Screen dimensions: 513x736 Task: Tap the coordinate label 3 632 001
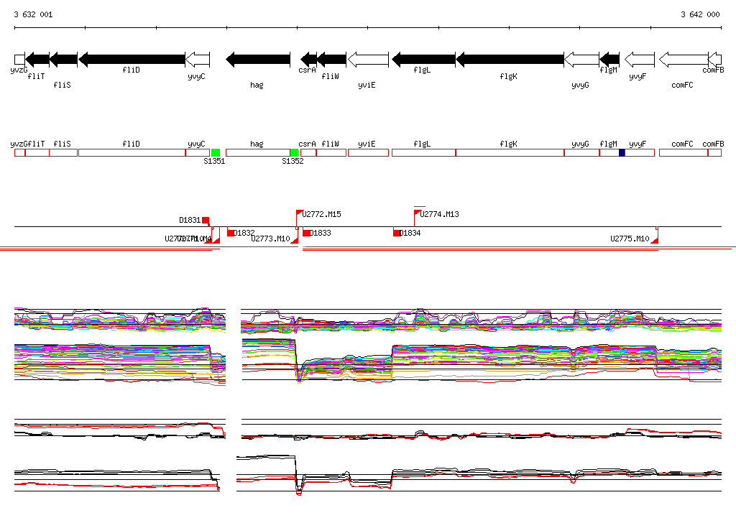[33, 14]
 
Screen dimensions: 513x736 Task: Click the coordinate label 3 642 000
[700, 14]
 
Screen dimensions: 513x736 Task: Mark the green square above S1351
[216, 152]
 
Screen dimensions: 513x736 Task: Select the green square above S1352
[294, 152]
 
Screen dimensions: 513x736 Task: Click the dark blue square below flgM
[622, 152]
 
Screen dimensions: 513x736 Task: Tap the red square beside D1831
[206, 220]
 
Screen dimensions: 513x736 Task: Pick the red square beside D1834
[396, 233]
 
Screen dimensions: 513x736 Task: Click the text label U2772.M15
[321, 214]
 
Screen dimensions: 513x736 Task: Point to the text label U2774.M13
[440, 214]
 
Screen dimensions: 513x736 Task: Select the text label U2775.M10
[630, 239]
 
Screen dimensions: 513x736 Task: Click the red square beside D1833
[306, 233]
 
